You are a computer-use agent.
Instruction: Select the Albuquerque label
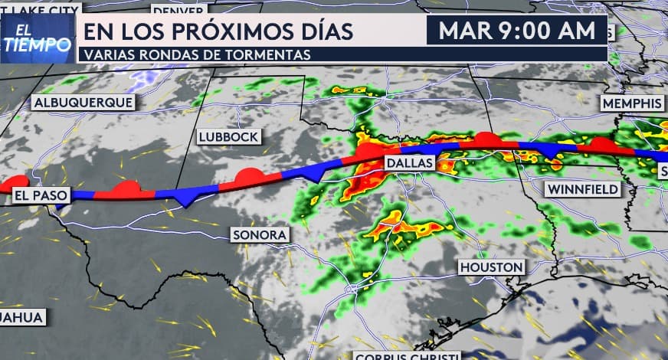pos(83,102)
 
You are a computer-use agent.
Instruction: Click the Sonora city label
pos(260,234)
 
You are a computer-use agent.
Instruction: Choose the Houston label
pos(492,267)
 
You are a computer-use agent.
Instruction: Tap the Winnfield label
pos(583,188)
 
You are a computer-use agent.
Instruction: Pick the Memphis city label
pos(631,103)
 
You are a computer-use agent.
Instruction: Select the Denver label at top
pos(178,10)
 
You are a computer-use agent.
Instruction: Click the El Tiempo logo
pos(37,38)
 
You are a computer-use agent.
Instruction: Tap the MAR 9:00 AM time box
pos(517,31)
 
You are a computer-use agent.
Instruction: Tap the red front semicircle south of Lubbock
pos(249,178)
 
